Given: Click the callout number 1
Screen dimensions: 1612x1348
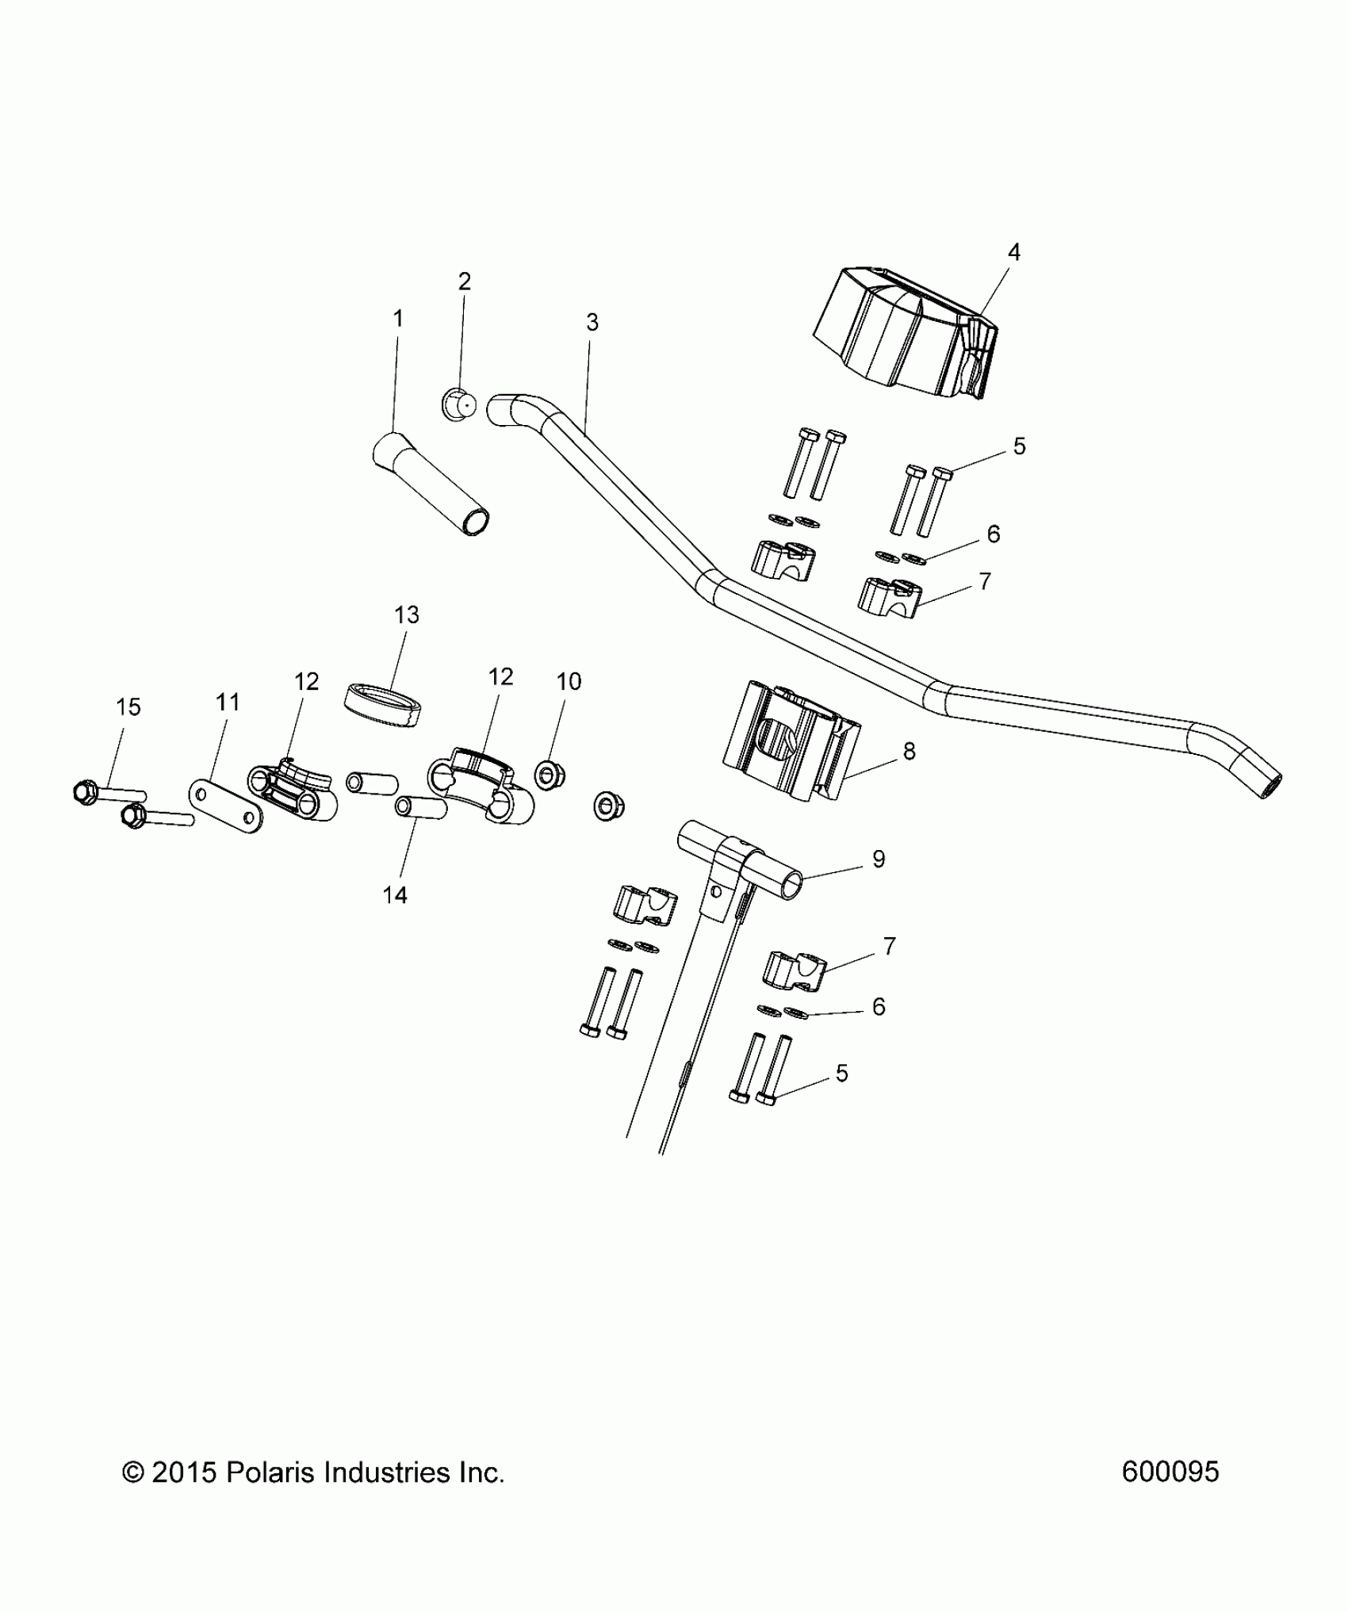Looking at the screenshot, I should tap(398, 319).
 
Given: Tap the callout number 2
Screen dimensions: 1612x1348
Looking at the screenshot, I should tap(465, 281).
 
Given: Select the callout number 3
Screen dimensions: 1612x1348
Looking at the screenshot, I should tap(592, 323).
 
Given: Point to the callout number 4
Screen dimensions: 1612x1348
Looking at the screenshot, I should tap(1013, 252).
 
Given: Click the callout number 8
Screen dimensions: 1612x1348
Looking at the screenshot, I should tap(909, 751).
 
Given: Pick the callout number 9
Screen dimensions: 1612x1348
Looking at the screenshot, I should tap(878, 859).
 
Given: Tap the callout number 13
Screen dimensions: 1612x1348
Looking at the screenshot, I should tap(407, 615).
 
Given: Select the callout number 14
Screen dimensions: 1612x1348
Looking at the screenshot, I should tap(395, 895).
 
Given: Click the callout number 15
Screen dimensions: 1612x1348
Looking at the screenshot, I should tap(128, 706).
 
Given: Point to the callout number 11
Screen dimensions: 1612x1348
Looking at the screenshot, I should tap(228, 702).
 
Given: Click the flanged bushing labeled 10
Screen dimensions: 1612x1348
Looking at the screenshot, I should tap(547, 775).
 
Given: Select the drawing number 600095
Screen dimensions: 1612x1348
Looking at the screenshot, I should tap(1170, 1472).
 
